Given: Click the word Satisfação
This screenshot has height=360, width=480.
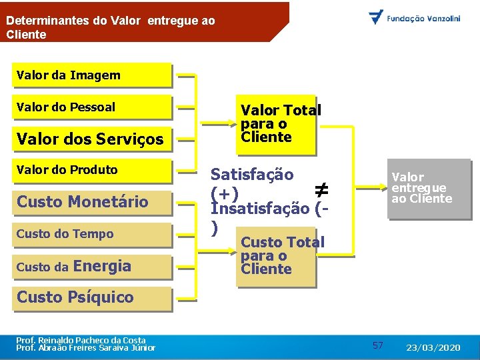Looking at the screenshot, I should point(252,175).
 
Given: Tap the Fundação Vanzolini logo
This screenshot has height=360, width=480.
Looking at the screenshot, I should point(415,17).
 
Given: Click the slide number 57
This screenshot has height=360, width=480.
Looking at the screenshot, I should point(378,345).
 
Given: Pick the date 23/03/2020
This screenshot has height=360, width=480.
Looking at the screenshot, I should point(433,347).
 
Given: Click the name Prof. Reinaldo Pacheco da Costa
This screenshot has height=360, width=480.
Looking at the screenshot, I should point(81,340).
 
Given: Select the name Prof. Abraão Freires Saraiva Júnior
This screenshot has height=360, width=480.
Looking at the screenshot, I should point(86,348).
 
